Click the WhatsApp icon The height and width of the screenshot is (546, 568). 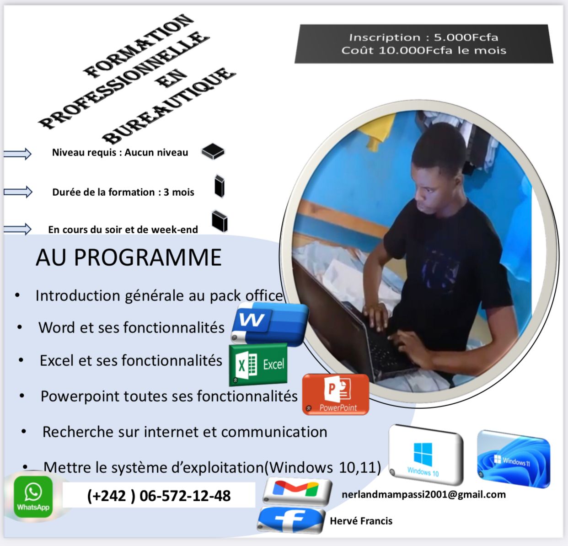(33, 497)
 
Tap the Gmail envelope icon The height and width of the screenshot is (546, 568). (297, 491)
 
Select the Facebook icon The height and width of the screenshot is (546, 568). (290, 520)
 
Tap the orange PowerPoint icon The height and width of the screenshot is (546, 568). (336, 394)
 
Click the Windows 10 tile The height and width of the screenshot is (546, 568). (425, 455)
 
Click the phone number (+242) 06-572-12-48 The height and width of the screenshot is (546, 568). (159, 496)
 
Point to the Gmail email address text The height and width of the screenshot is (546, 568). (423, 494)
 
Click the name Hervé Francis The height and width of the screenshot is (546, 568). (361, 521)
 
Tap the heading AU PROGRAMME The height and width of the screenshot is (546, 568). (129, 257)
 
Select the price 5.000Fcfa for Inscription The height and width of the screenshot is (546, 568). (466, 37)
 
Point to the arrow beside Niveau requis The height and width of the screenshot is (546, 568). (17, 153)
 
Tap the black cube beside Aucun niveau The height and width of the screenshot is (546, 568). (213, 151)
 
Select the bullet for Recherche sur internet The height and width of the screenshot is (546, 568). (24, 432)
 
